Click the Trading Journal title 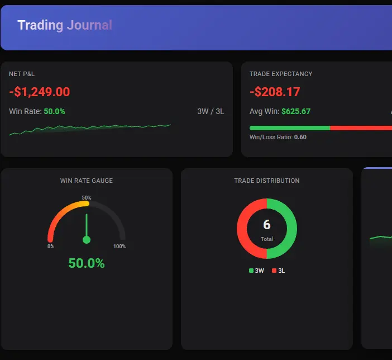coord(65,25)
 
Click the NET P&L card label coord(22,74)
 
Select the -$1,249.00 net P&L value coord(40,92)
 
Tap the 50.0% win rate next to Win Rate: coord(54,111)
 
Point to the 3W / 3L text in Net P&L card coord(211,111)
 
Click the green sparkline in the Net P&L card coord(89,130)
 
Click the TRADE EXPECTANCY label coord(281,74)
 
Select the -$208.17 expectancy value coord(275,92)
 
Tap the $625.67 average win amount coord(296,111)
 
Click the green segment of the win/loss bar coord(290,127)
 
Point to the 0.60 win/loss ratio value coord(300,137)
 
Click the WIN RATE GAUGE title coord(87,181)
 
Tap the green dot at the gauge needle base coord(87,240)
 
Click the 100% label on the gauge coord(119,247)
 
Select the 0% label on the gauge coord(51,247)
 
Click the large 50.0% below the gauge coord(87,263)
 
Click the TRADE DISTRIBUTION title coord(267,181)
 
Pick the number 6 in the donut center coord(267,225)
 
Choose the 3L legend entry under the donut coord(279,271)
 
